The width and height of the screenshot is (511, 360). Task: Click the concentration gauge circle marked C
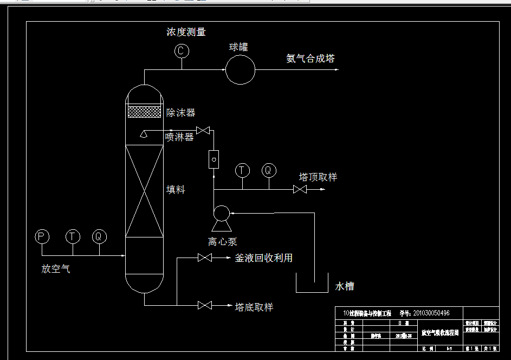pos(182,52)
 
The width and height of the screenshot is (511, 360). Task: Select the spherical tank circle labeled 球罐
pos(240,69)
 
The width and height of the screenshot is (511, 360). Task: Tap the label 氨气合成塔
pos(310,59)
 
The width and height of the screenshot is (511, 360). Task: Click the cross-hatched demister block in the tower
pos(144,112)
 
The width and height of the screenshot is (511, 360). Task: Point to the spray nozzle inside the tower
pos(144,134)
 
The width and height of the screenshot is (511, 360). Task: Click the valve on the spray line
pos(204,131)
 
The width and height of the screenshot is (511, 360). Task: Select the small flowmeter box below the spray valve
pos(214,159)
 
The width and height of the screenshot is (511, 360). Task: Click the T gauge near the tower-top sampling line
pos(242,170)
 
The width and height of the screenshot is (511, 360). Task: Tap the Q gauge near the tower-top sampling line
pos(268,170)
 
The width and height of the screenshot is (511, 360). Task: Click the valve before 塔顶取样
pos(300,190)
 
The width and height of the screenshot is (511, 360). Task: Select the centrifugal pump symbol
pos(221,214)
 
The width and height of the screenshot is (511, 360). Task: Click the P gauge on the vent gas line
pos(42,236)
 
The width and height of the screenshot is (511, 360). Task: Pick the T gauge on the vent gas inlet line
pos(72,236)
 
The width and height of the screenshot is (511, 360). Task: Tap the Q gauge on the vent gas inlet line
pos(99,236)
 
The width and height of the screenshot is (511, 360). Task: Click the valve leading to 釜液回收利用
pos(205,258)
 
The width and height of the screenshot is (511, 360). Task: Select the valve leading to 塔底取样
pos(205,306)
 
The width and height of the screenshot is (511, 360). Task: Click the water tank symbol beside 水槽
pos(312,284)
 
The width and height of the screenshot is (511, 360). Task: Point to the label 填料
pos(176,190)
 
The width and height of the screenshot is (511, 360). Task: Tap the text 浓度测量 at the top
pos(186,32)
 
